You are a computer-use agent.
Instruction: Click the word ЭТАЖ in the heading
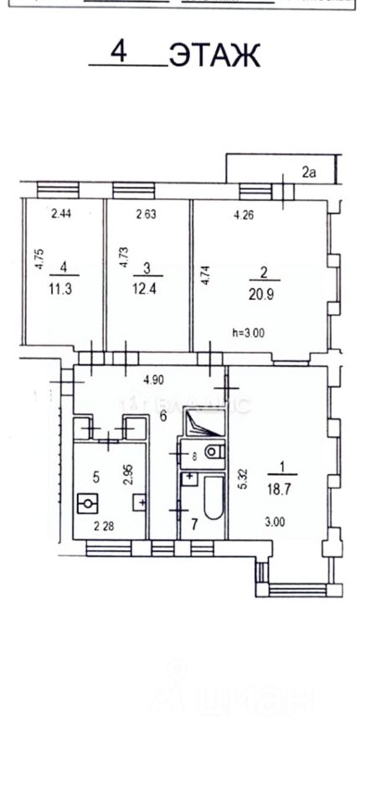tap(215, 56)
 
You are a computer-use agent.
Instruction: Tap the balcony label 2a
tap(309, 173)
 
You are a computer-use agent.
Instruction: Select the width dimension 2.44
tap(60, 214)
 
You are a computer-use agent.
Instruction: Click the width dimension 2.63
tap(147, 214)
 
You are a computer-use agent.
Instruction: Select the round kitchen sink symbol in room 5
tap(88, 504)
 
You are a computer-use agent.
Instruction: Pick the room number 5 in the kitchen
tap(96, 477)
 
